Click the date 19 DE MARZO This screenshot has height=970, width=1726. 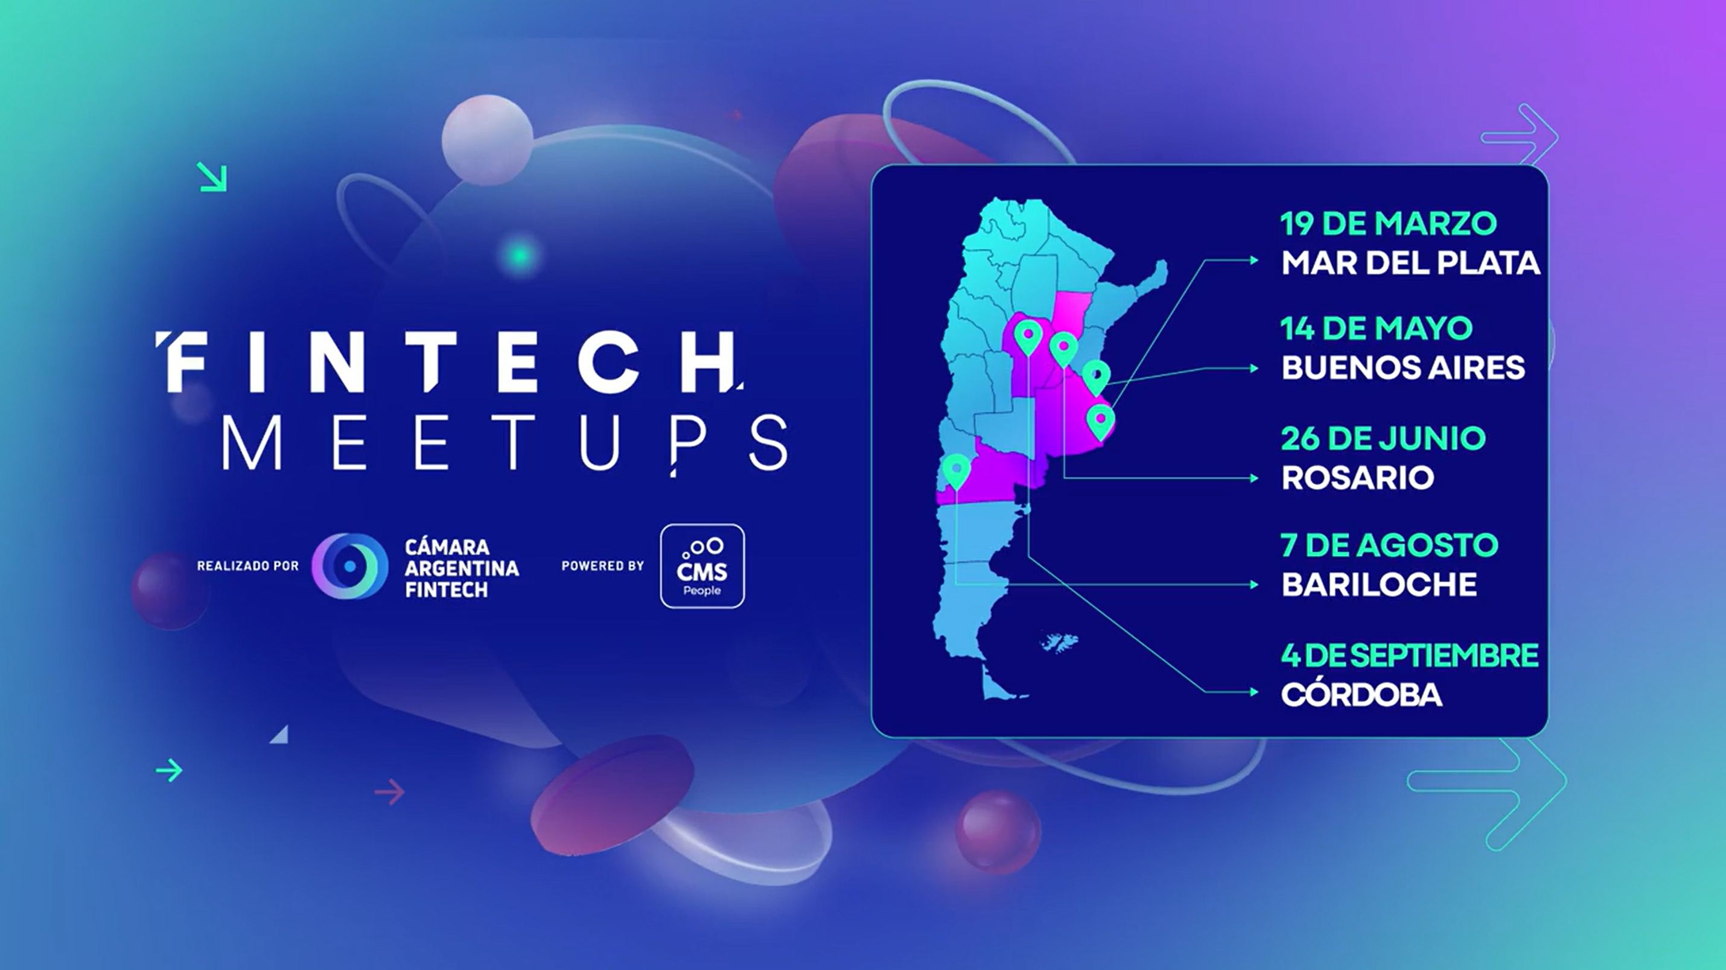coord(1388,224)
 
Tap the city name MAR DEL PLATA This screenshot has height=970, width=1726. coord(1410,262)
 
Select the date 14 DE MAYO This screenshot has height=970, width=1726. coord(1376,328)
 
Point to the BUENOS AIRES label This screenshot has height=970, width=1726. coord(1403,367)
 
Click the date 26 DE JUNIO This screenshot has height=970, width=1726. coord(1383,439)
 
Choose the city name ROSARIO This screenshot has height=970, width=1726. coord(1357,478)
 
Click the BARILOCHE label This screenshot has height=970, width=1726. coord(1379,584)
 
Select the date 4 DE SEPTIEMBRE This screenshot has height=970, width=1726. coord(1409,655)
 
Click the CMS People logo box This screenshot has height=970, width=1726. coord(702,566)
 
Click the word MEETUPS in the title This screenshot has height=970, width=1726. coord(505,442)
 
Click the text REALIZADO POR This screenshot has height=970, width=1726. coord(248,566)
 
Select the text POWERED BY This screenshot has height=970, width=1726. coord(602,566)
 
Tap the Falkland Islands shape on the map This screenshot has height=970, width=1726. coord(1059,642)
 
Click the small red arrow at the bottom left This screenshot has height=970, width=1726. coord(390,792)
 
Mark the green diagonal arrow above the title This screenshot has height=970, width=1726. coord(212,177)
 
